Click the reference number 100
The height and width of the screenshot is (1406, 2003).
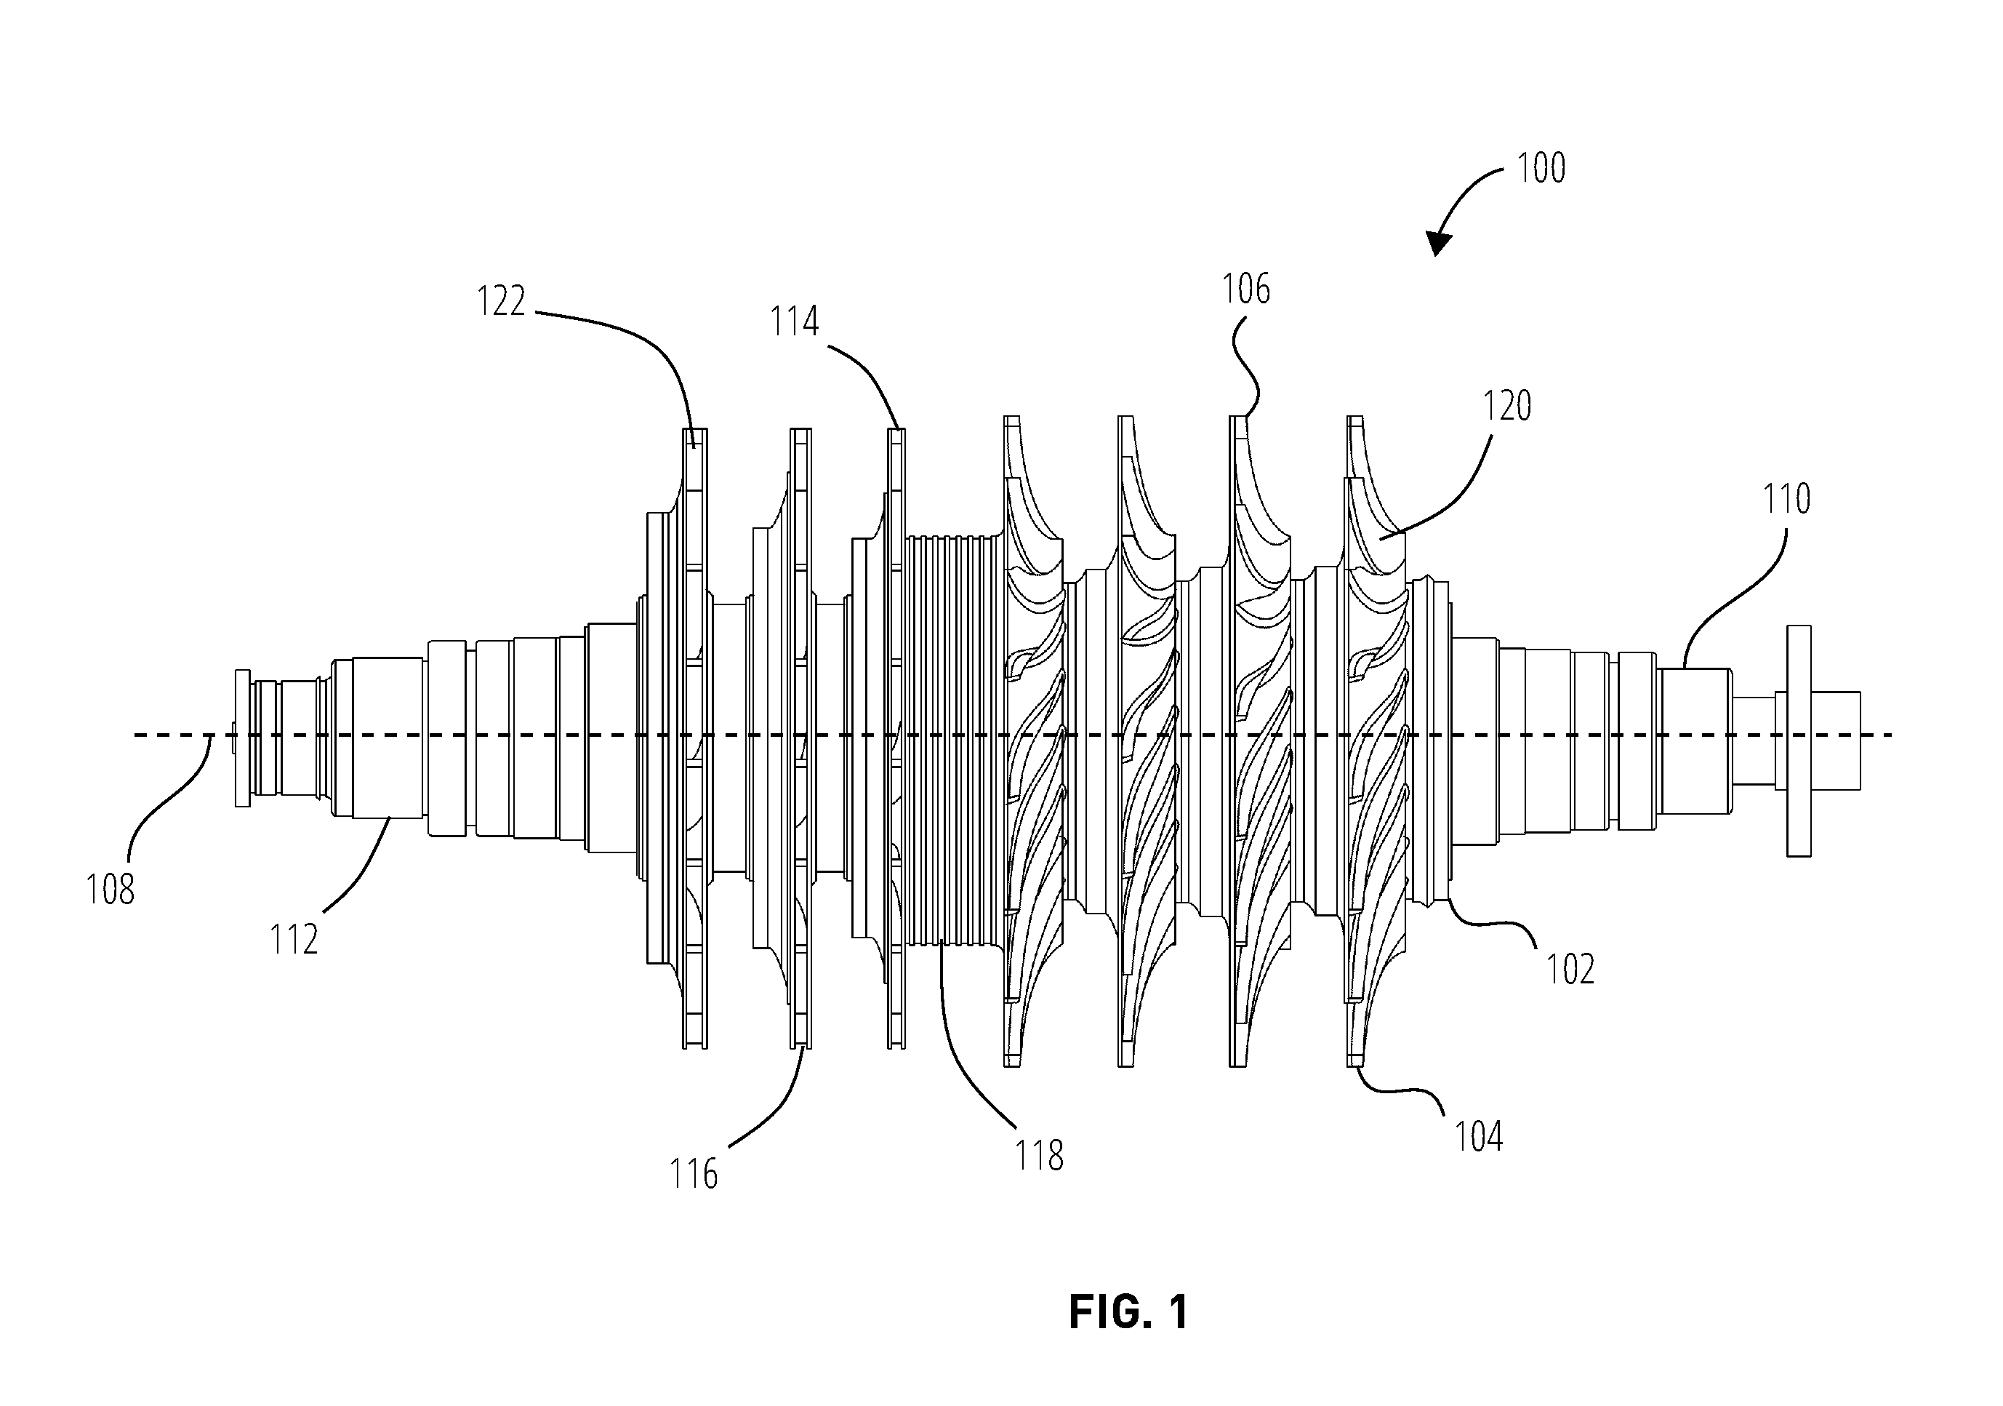tap(1541, 167)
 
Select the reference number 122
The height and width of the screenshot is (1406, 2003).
tap(501, 302)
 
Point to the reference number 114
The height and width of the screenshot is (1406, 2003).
tap(794, 322)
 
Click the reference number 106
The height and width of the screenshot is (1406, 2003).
tap(1245, 289)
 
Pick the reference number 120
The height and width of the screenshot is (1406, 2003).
tap(1507, 407)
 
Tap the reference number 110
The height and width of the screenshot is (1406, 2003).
tap(1786, 499)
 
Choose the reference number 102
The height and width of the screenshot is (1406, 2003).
tap(1570, 970)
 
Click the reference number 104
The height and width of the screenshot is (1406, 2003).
tap(1479, 1137)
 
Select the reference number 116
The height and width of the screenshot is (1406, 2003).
tap(694, 1175)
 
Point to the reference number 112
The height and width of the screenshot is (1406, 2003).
tap(294, 940)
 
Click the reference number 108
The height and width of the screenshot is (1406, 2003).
tap(110, 890)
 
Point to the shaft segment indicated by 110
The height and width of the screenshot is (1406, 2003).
tap(1695, 741)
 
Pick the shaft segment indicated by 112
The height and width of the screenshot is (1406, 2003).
tap(388, 738)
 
